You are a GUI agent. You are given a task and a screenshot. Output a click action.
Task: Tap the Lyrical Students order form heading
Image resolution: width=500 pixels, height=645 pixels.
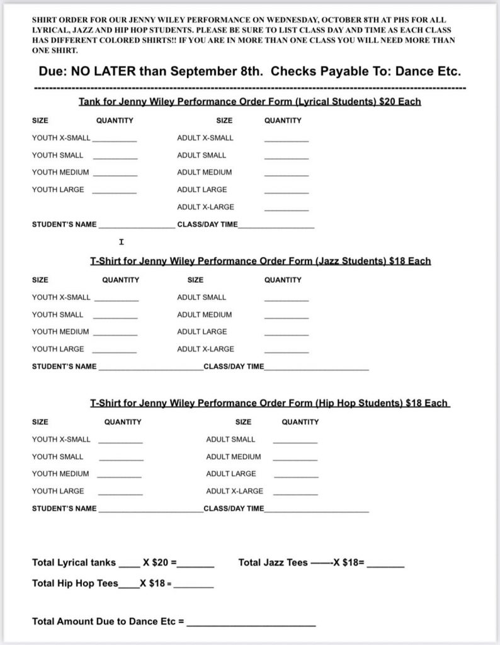coord(249,101)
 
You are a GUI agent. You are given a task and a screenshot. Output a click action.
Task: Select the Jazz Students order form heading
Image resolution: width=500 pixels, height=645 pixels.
coord(260,261)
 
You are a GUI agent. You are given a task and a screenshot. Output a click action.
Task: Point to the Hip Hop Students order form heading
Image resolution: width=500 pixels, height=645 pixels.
coord(270,403)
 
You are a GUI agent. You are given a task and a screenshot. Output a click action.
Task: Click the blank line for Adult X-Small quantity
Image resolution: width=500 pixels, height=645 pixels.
coord(287,140)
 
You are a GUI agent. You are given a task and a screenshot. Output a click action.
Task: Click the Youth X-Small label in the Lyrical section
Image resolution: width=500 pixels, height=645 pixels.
coord(61,138)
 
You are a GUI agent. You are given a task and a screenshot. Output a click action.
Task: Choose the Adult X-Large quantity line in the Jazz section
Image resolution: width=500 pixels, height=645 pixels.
coord(287,351)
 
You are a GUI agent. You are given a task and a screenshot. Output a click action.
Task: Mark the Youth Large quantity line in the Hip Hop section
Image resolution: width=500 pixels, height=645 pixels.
coord(120,494)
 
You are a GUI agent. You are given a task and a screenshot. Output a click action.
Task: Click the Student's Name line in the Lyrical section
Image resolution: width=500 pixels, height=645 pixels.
coord(137,227)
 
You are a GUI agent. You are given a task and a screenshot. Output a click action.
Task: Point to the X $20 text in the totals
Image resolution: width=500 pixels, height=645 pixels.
coord(158,562)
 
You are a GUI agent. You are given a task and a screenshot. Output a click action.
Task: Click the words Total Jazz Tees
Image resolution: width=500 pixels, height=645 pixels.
coord(273,562)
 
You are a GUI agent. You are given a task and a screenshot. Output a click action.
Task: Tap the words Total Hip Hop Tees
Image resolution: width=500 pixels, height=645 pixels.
coord(74,583)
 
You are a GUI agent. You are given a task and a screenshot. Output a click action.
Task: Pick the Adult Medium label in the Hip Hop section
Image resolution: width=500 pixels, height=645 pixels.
coord(233,457)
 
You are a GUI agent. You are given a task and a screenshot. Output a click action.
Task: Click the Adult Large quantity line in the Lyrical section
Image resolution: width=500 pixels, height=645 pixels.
coord(287,192)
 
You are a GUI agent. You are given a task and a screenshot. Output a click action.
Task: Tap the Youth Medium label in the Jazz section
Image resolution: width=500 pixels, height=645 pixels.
coord(60,332)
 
